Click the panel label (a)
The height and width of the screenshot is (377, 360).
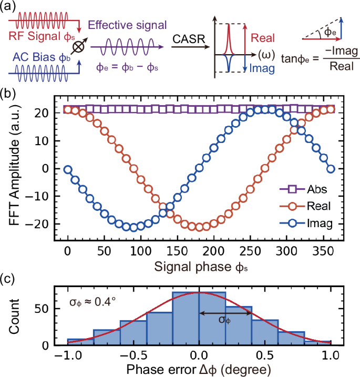point(10,7)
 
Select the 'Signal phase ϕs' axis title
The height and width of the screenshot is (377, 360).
point(200,266)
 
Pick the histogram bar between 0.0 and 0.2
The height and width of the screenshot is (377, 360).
point(212,319)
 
